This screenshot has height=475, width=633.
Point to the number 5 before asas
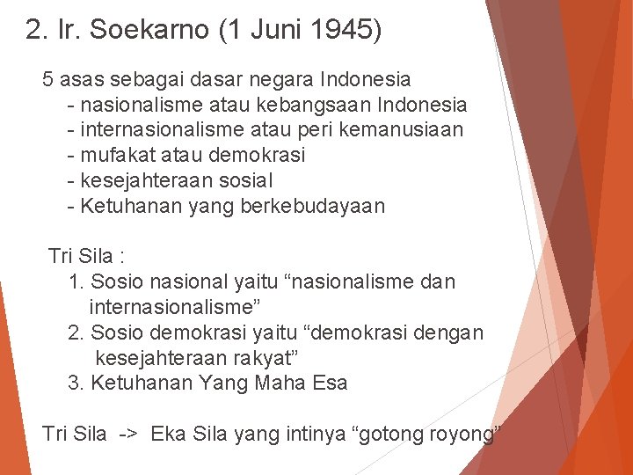tap(48, 79)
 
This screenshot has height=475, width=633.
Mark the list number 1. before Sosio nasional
tap(76, 282)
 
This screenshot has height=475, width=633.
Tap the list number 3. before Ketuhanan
tap(76, 384)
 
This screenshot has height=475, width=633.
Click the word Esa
tap(329, 384)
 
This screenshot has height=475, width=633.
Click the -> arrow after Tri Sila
tap(127, 434)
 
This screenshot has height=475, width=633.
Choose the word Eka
tap(168, 434)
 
